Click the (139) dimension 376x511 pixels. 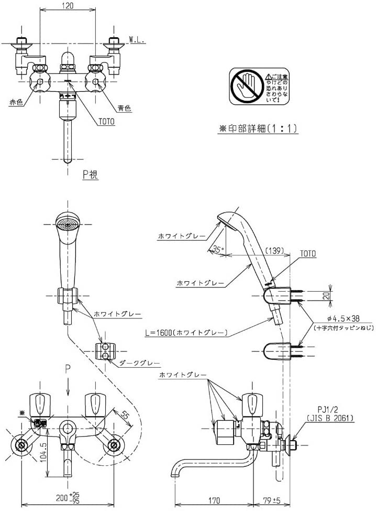274,251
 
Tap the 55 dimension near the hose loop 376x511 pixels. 124,414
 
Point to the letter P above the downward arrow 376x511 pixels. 68,369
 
